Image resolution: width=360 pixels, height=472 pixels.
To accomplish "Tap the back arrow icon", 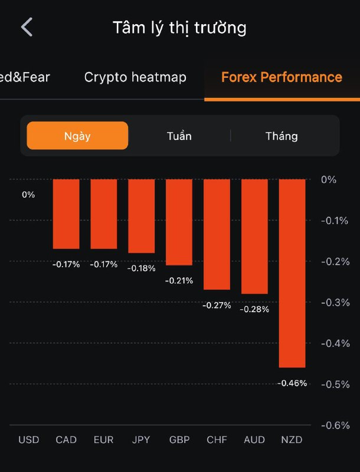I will tap(27, 27).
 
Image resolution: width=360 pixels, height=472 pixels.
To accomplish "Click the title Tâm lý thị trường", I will tap(179, 28).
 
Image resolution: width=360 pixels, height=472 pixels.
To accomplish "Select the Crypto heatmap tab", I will tap(135, 77).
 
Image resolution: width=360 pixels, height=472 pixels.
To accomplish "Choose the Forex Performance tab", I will tap(282, 77).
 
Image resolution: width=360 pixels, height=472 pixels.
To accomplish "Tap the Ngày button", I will tap(77, 136).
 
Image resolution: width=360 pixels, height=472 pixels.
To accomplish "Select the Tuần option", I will tap(179, 136).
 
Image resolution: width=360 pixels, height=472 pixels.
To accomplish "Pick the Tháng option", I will tap(282, 136).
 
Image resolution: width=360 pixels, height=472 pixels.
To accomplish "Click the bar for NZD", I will tap(292, 273).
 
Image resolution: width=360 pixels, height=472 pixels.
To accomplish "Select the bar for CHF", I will tap(217, 234).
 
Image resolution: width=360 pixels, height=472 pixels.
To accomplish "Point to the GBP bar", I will tap(179, 222).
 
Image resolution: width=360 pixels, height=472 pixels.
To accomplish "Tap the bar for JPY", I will tap(141, 216).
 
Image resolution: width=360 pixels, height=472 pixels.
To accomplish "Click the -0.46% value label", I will tap(292, 383).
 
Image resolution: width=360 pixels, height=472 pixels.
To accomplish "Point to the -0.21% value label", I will tap(179, 281).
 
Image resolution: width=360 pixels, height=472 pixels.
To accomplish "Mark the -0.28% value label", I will tap(254, 309).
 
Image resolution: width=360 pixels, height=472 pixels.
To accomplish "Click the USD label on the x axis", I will tap(28, 440).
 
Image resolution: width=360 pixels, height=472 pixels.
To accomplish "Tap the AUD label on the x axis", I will tap(254, 440).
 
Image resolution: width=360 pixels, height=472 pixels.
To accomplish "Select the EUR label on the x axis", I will tap(103, 440).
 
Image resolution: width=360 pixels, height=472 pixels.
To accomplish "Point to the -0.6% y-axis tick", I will tap(335, 425).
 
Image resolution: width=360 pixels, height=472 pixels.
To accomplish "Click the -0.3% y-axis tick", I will tap(335, 303).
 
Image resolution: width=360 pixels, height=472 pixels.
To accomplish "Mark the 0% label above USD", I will tap(28, 195).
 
